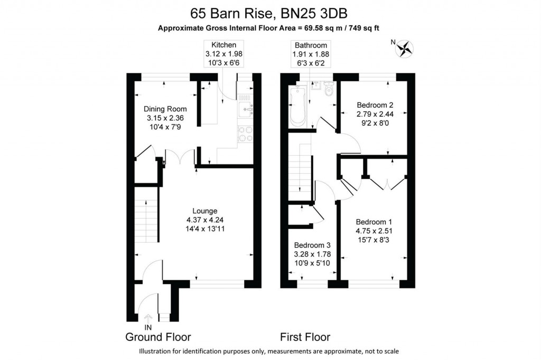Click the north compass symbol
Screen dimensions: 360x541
405,49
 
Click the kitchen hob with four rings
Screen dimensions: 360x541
245,134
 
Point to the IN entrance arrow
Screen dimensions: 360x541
148,319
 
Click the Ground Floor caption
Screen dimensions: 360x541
158,337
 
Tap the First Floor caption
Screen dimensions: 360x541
305,337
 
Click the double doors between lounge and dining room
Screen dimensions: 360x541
180,157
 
